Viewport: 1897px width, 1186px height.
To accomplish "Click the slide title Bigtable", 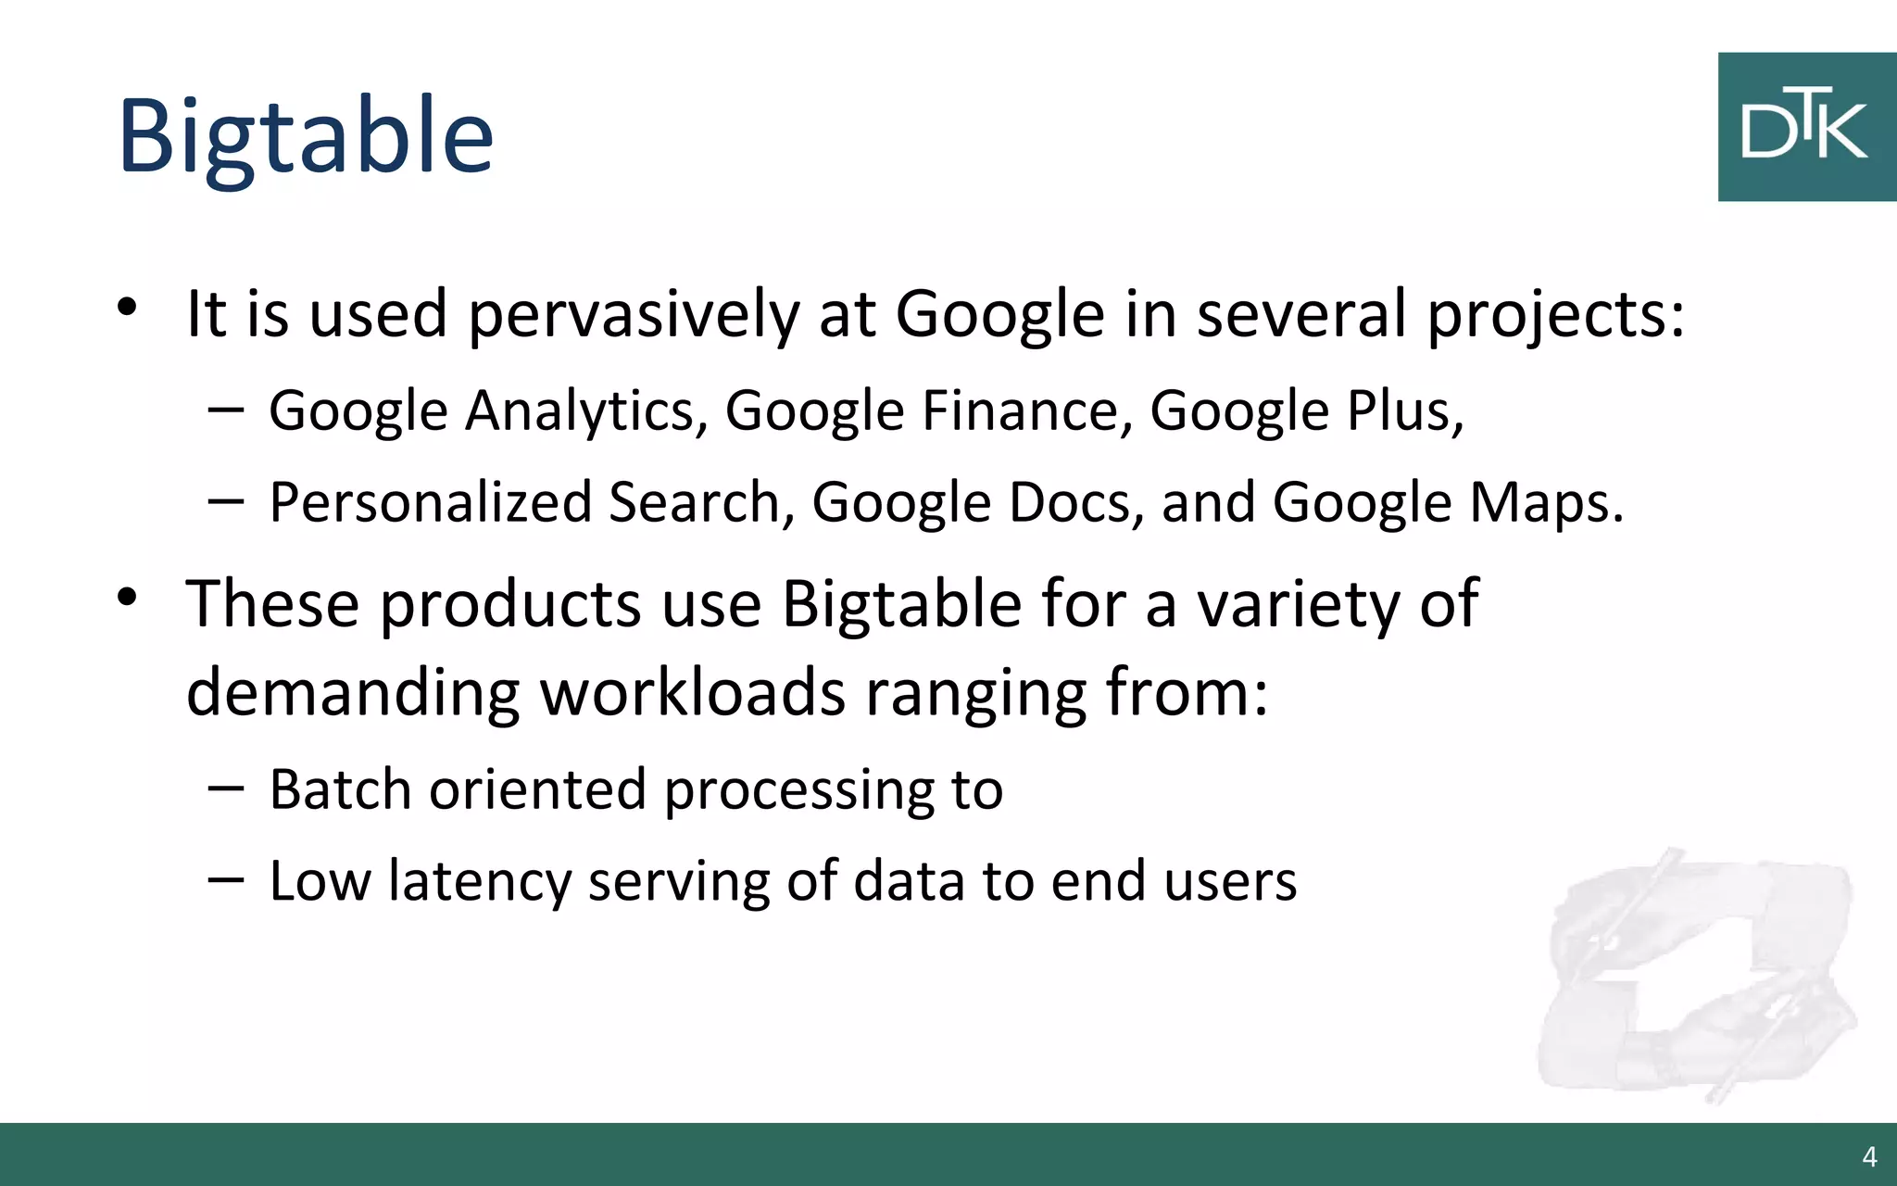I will tap(306, 136).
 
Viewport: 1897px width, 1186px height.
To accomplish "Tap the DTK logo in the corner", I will tap(1806, 127).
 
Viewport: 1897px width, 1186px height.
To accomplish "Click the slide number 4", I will tap(1869, 1156).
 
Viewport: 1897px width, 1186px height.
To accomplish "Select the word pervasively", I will tap(634, 315).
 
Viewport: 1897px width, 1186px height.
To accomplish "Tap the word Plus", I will tap(1404, 411).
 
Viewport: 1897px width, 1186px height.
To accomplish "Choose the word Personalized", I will tap(430, 503).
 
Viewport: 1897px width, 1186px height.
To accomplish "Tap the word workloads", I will tap(693, 693).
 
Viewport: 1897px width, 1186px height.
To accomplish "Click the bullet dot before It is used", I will tap(128, 307).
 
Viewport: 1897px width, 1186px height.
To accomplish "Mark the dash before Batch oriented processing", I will tap(226, 789).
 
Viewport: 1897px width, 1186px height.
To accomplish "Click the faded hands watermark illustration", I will tap(1695, 973).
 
